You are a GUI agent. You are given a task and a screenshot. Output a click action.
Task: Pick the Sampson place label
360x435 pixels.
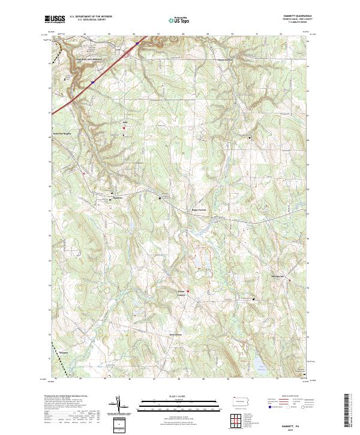pyautogui.click(x=64, y=353)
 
